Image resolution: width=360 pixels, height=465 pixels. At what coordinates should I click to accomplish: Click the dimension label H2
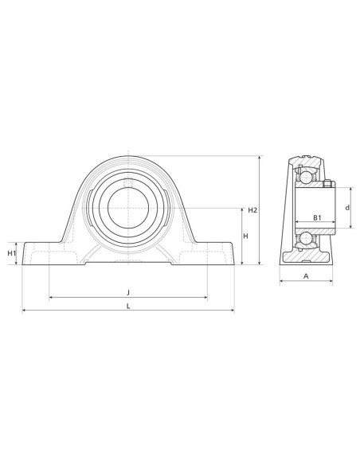click(252, 210)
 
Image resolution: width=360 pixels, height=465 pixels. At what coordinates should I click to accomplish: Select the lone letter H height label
click(245, 236)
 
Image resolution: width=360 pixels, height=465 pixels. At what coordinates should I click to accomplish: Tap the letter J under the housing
click(128, 291)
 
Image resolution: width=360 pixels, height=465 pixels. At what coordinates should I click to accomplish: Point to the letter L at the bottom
click(128, 304)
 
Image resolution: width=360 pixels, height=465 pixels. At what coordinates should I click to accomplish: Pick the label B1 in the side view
click(316, 217)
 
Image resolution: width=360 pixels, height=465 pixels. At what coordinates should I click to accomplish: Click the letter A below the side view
click(306, 275)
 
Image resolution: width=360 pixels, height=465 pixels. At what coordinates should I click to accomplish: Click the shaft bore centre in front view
click(128, 208)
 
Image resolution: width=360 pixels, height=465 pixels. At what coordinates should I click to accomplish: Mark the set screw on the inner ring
click(327, 186)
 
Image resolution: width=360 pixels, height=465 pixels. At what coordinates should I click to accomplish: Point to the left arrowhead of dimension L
click(24, 311)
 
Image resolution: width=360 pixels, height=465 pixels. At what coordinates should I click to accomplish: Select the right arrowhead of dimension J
click(205, 298)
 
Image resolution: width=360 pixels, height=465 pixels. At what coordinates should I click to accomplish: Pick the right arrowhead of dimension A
click(332, 282)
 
